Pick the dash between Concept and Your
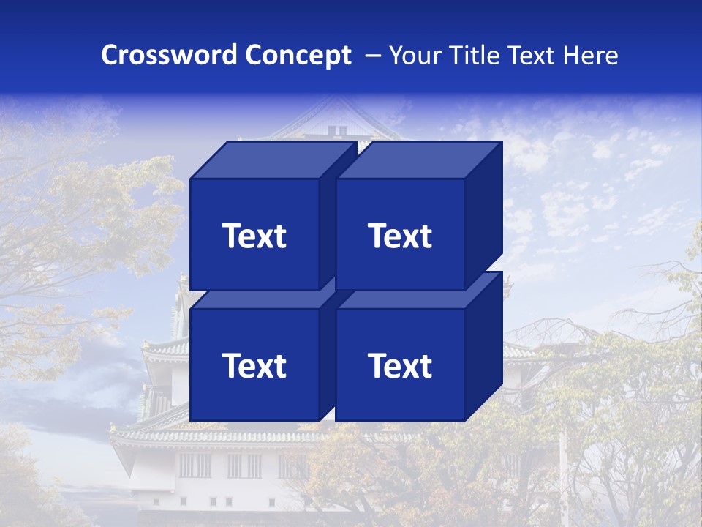371,56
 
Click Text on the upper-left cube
254,236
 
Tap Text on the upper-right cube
400,236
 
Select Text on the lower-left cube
254,365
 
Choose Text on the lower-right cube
400,365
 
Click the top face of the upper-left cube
272,160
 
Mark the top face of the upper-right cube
418,160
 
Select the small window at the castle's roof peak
336,130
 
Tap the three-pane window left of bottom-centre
194,466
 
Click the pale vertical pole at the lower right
562,468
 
